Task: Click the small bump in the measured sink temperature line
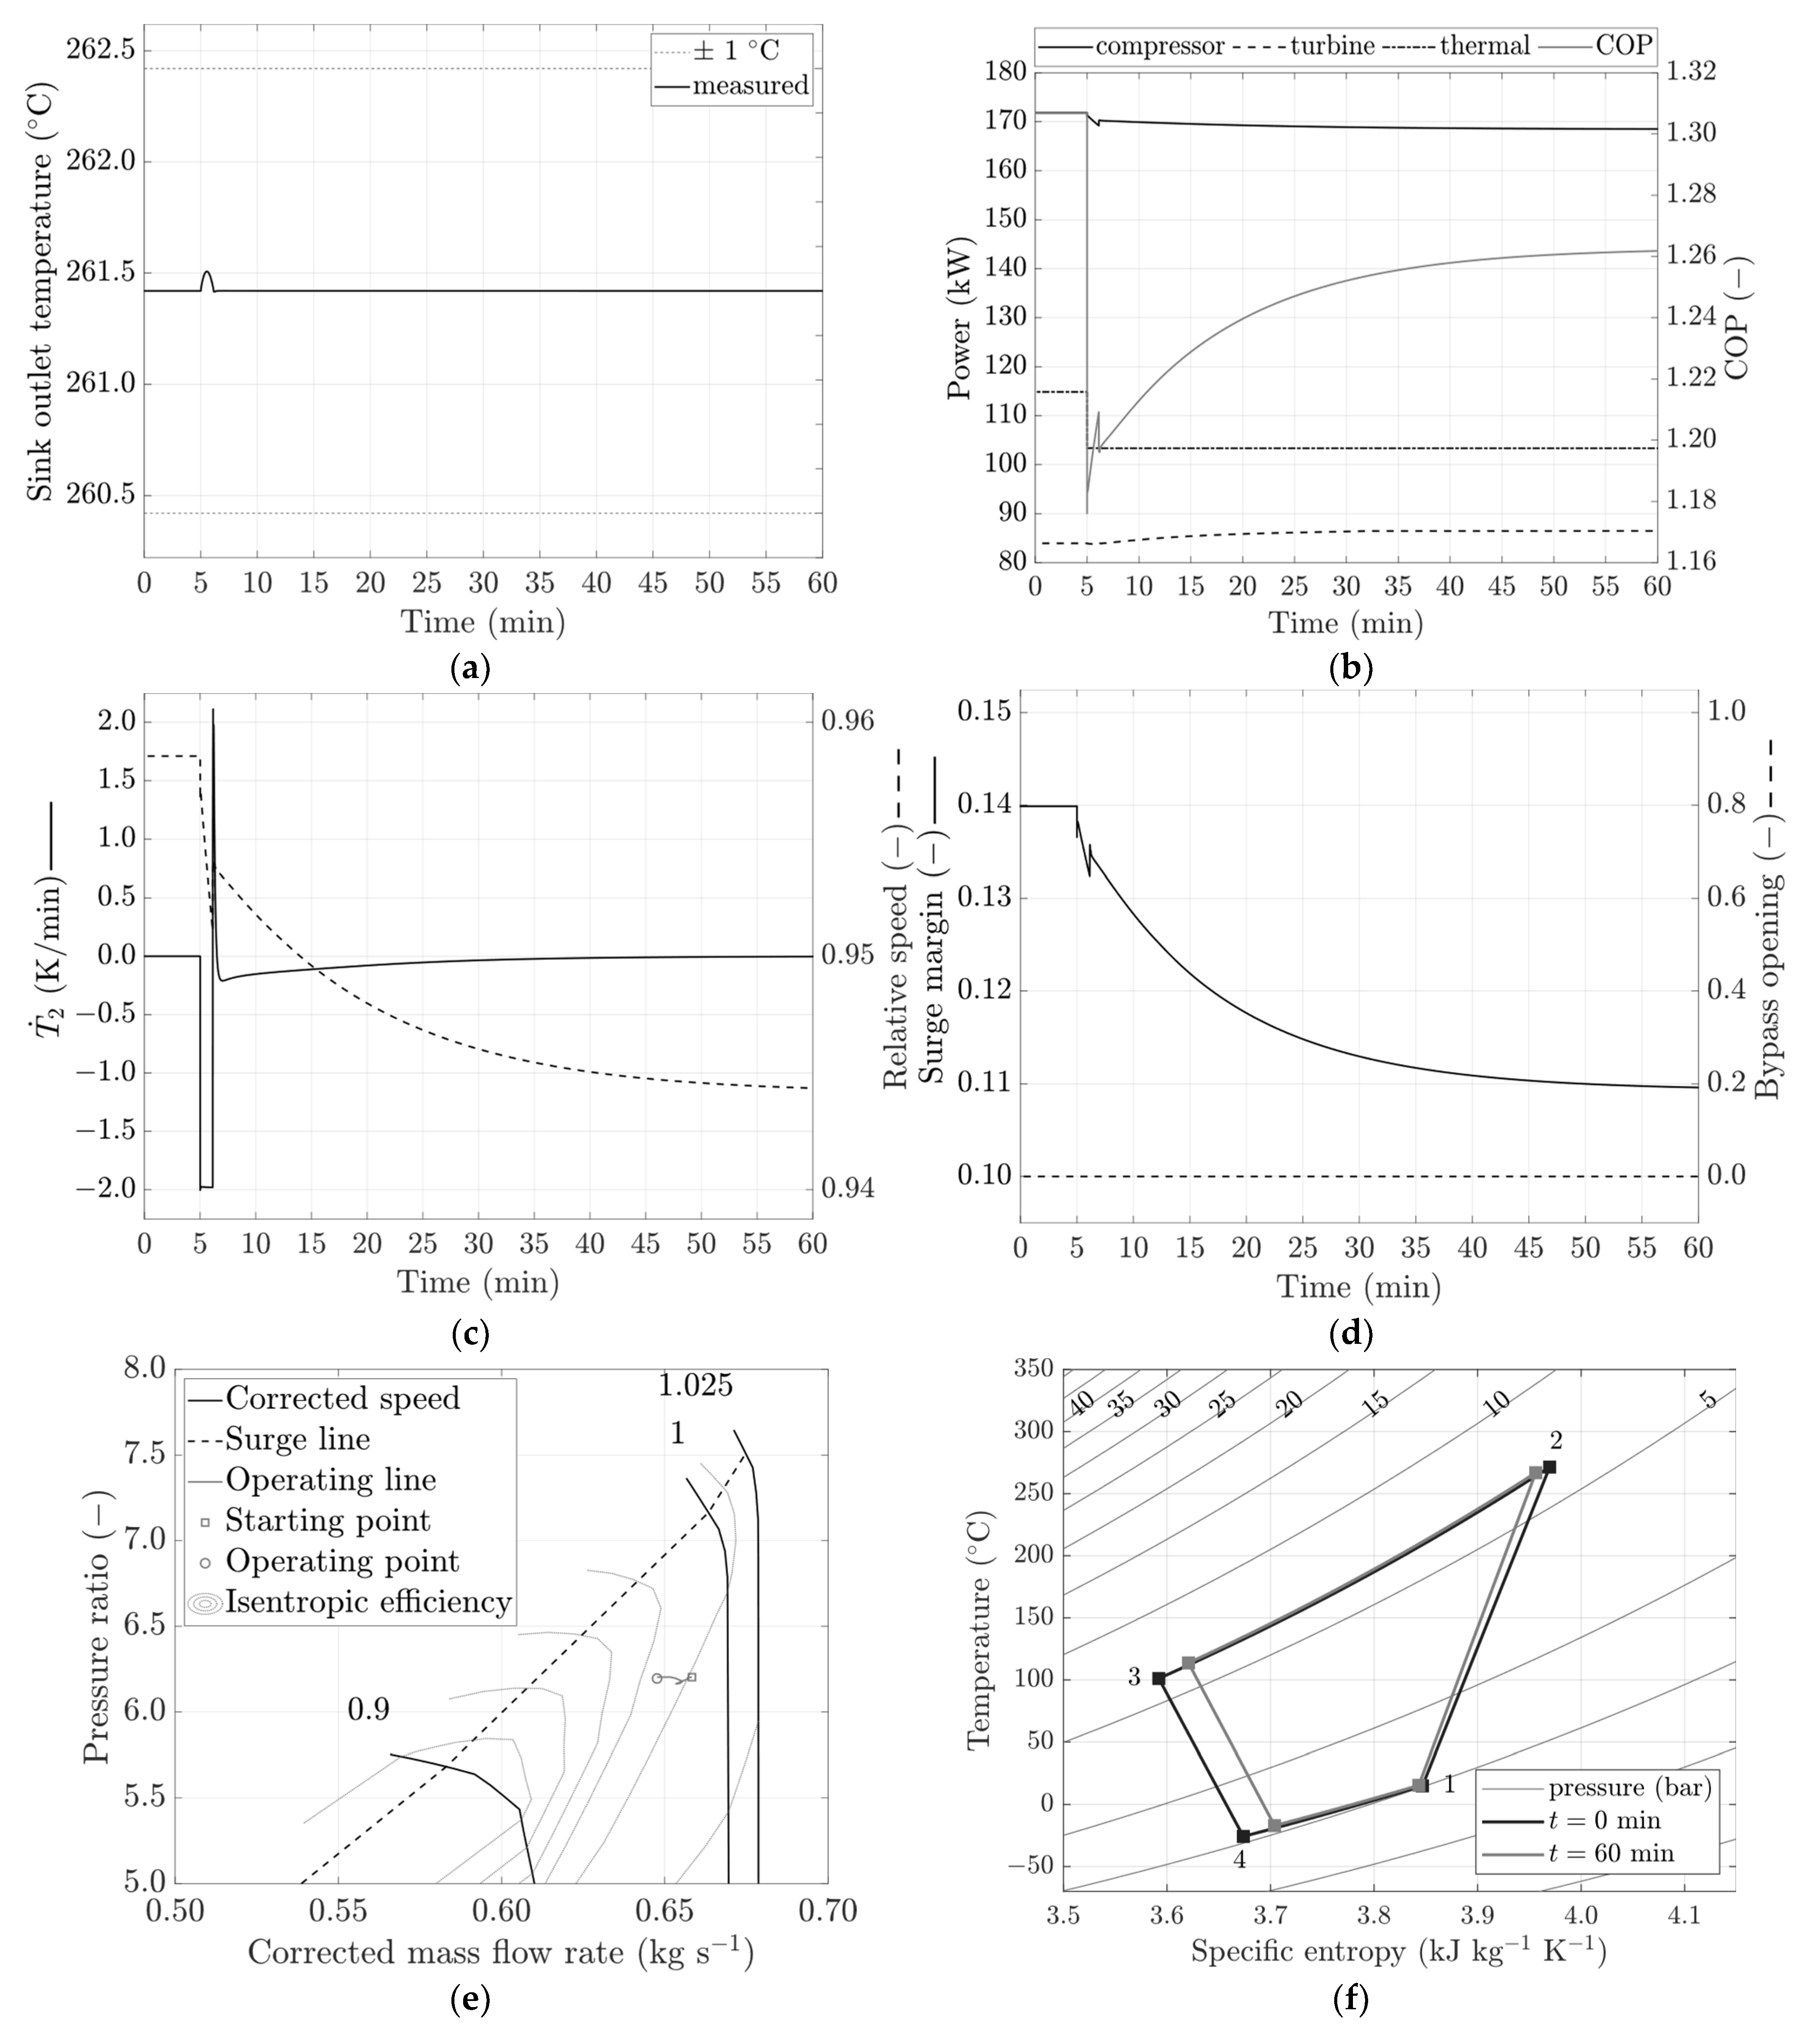(x=207, y=274)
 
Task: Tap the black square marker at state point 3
(x=1159, y=1678)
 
